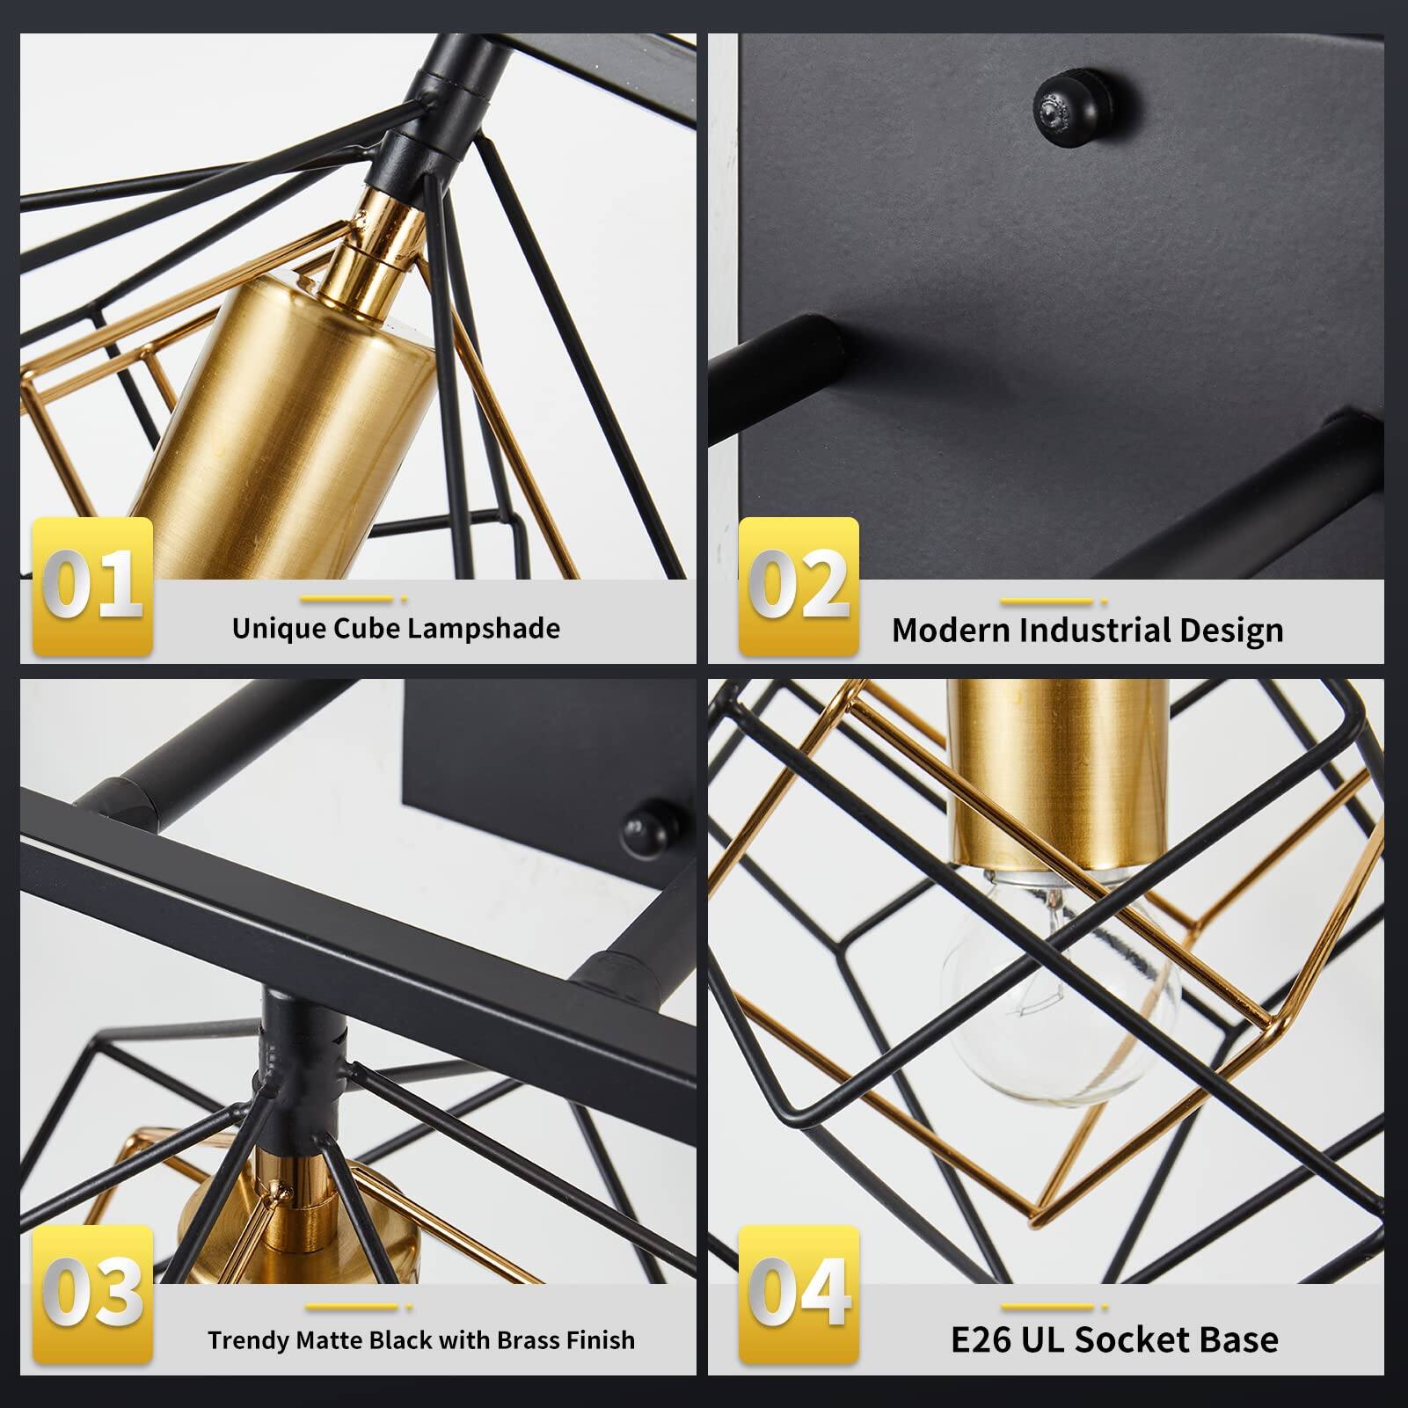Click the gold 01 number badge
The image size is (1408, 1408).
coord(92,586)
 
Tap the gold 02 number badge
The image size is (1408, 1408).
coord(799,586)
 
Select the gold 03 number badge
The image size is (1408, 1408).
coord(92,1294)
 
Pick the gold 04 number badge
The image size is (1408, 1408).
coord(799,1294)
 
